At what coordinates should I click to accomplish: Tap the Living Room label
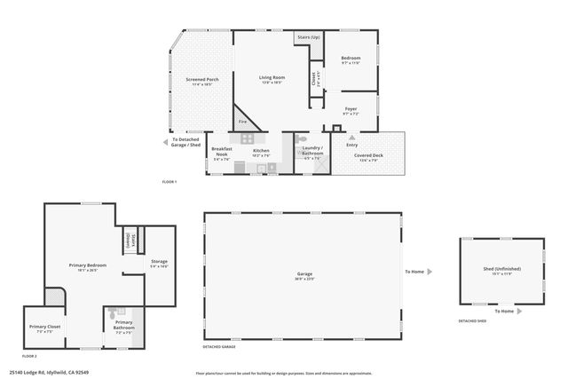coord(270,78)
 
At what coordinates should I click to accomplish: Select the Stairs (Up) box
coord(308,38)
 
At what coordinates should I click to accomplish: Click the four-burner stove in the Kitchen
coord(247,138)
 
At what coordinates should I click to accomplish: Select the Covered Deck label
coord(369,155)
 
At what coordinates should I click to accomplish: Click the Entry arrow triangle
coord(352,138)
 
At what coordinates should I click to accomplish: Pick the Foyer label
coord(351,112)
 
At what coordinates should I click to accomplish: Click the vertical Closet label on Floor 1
coord(313,78)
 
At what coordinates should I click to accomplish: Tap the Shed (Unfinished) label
coord(503,269)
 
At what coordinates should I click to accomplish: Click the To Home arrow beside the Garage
coord(430,272)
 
